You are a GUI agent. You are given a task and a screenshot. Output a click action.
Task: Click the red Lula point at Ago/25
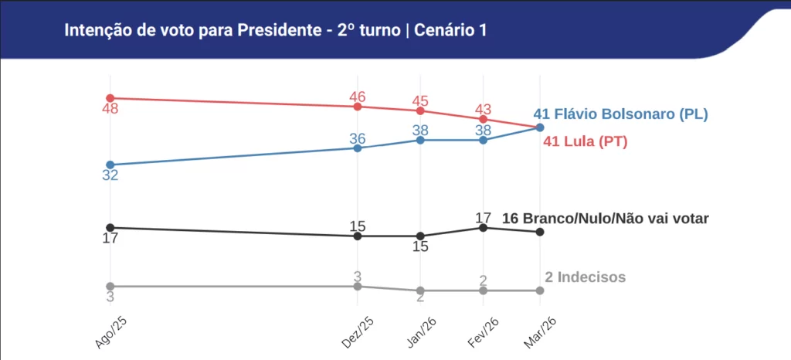[x=110, y=98]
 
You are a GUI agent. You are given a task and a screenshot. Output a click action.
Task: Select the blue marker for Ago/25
[x=110, y=165]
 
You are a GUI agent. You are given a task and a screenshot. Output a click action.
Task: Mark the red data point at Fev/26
[x=483, y=119]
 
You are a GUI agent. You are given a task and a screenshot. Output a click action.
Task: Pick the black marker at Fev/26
[x=483, y=227]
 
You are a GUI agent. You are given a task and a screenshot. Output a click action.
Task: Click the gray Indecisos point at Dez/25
[x=357, y=286]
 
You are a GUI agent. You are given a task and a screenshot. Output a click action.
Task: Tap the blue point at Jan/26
[x=420, y=140]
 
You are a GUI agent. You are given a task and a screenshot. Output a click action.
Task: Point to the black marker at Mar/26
[x=539, y=232]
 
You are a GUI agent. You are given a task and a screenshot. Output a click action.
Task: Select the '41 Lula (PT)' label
[x=585, y=142]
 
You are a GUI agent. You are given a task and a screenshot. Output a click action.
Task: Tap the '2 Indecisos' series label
[x=585, y=277]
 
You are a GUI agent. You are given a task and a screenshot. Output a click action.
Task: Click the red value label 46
[x=357, y=97]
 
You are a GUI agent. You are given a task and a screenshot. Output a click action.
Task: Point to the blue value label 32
[x=110, y=175]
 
